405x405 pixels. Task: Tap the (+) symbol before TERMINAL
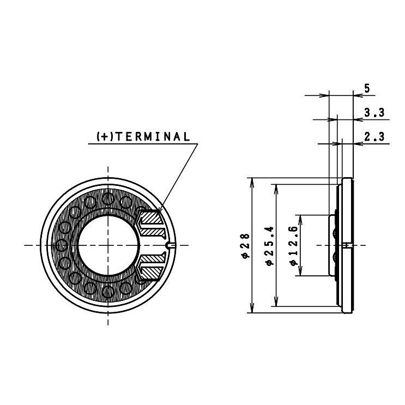[104, 136]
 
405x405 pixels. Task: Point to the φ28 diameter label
[245, 245]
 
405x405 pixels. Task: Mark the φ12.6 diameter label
[293, 245]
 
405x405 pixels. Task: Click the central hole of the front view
[108, 245]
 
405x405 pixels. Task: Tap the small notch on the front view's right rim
[172, 245]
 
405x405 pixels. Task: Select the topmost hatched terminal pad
[151, 219]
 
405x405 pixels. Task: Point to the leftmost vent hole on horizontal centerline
[62, 245]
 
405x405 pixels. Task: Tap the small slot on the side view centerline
[347, 245]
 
